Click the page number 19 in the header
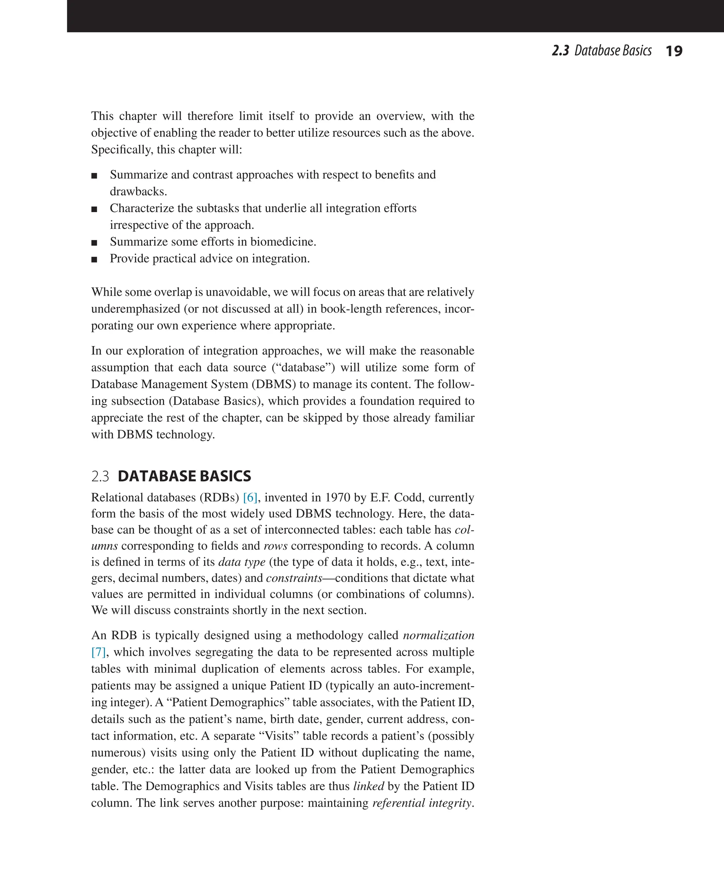673,51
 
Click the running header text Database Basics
613,51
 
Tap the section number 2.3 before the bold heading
100,476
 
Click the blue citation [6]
250,498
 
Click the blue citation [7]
98,652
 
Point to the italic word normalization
438,635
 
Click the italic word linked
368,786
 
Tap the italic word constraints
294,578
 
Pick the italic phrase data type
242,562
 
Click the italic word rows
275,546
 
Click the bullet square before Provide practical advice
94,259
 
